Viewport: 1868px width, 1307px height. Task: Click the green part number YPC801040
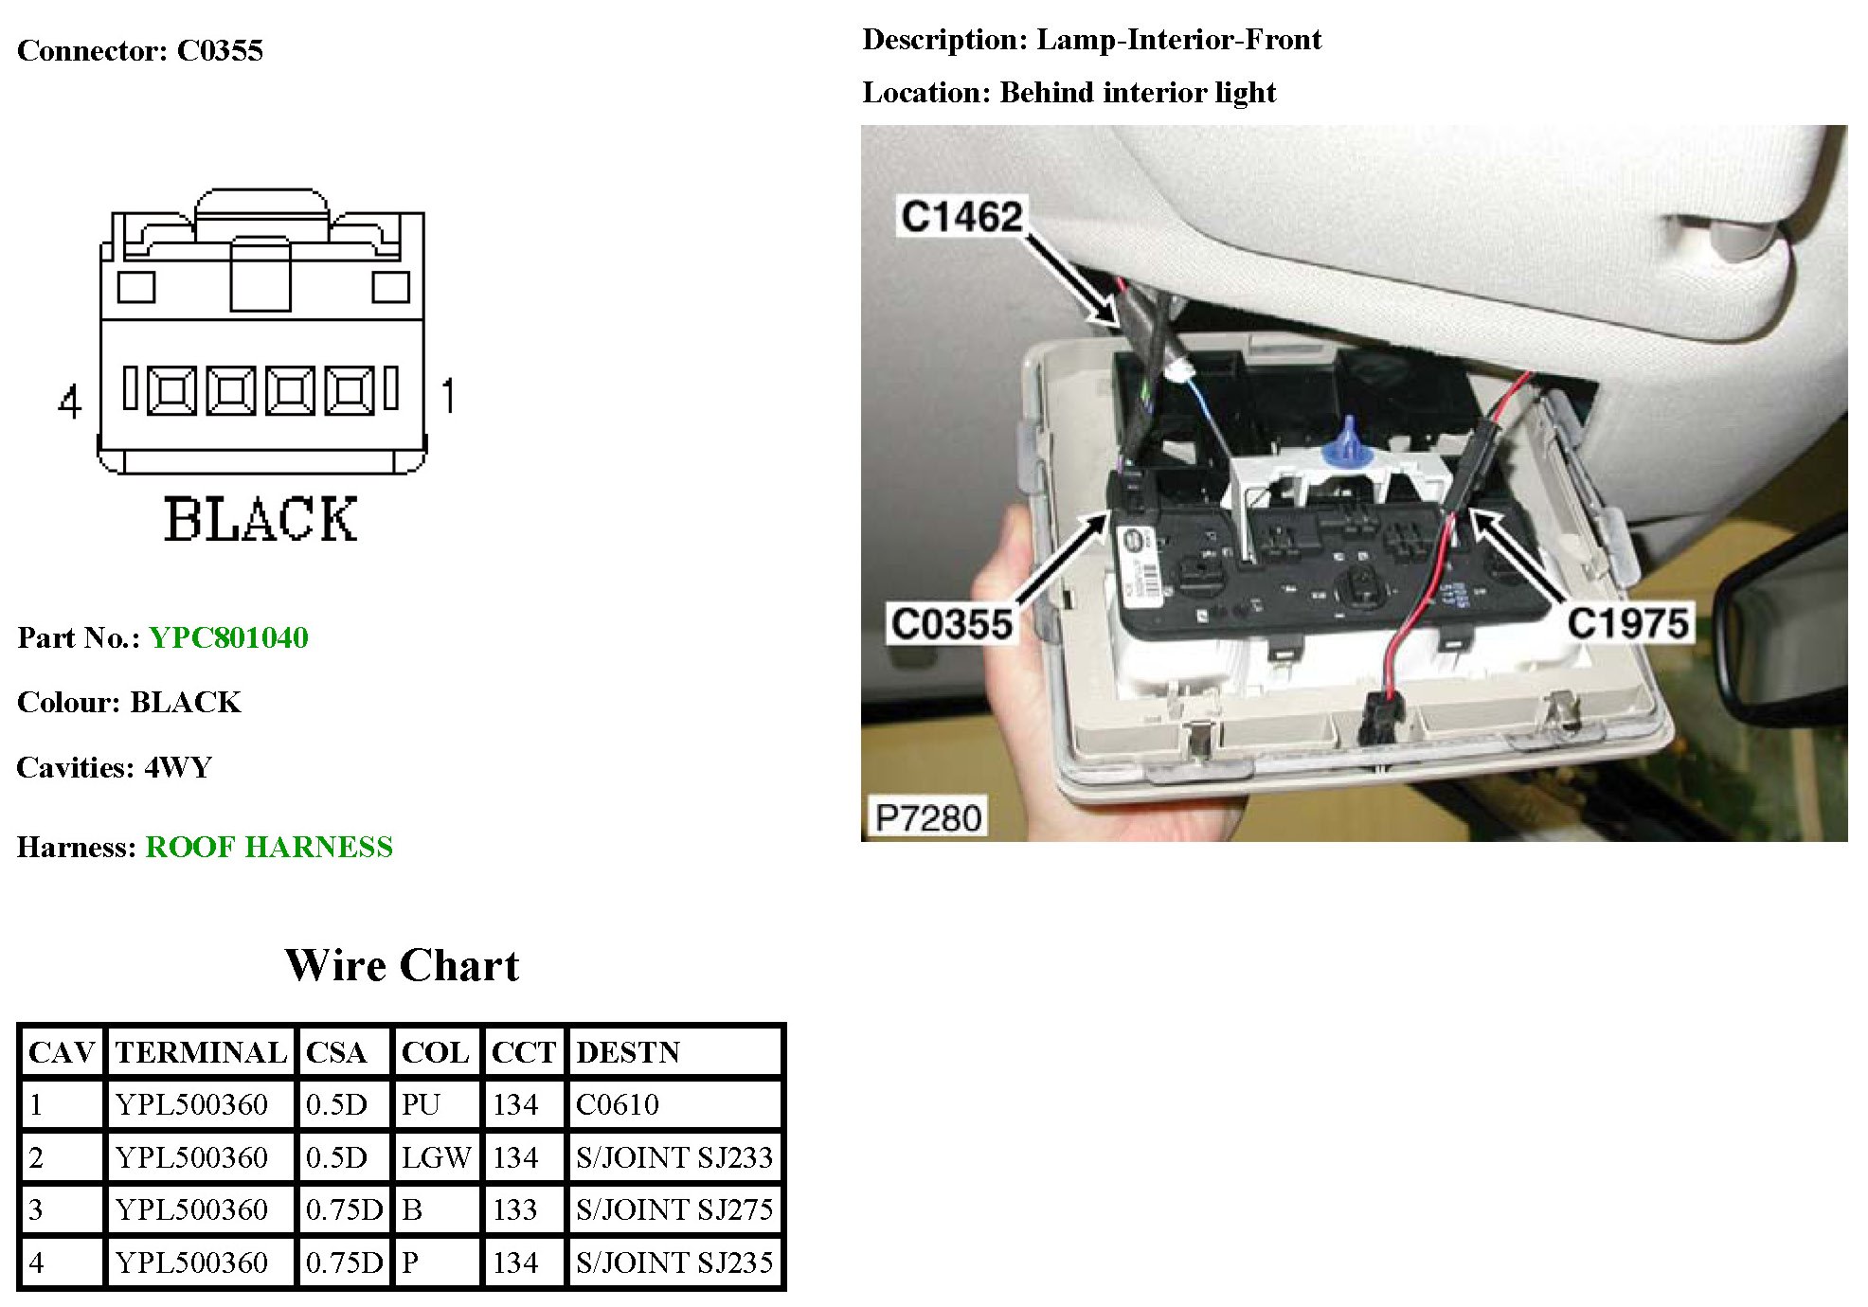228,637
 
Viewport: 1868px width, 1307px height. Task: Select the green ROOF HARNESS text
269,847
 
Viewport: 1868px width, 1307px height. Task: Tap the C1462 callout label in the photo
961,217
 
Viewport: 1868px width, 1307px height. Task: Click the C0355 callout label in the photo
952,624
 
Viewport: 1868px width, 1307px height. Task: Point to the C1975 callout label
1628,623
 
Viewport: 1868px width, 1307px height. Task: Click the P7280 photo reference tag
927,817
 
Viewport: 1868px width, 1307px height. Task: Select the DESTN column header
628,1052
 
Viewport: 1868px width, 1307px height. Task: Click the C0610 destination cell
618,1104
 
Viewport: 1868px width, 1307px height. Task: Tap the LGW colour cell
436,1157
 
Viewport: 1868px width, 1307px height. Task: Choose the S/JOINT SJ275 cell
674,1209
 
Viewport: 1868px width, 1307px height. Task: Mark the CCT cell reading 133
515,1209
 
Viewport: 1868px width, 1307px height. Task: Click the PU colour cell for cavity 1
422,1104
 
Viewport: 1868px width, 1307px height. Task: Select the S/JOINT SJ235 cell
674,1262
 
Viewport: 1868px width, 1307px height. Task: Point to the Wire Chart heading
402,966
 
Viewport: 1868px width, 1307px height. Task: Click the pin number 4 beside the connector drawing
69,402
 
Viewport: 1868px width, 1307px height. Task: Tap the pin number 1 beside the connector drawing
448,396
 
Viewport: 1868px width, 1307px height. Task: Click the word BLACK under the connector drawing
260,519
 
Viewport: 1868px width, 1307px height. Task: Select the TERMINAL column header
201,1052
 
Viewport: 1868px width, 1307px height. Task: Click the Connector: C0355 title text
140,50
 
